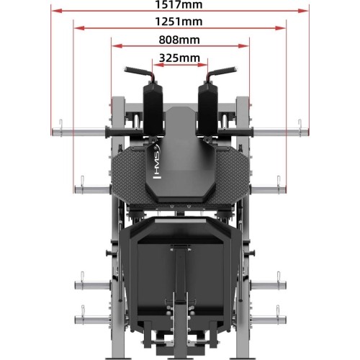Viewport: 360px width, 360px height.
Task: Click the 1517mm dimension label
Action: tap(179, 4)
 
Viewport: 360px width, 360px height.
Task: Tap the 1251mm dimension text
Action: tap(179, 22)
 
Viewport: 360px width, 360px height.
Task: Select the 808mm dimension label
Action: tap(179, 40)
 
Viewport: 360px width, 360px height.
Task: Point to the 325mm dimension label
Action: tap(179, 58)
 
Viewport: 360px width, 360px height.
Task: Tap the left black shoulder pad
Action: tap(153, 108)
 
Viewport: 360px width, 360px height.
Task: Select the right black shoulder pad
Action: tap(208, 108)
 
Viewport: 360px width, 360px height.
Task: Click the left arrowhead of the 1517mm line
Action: tap(57, 11)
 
